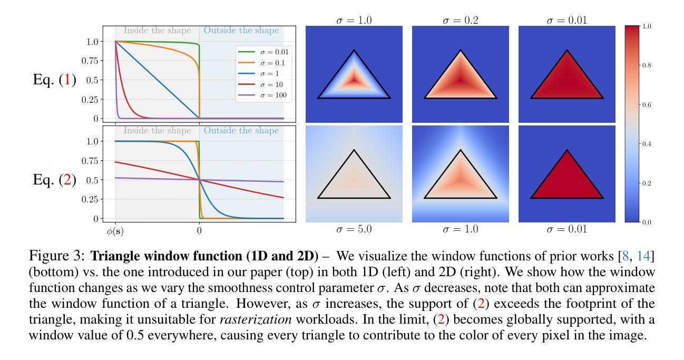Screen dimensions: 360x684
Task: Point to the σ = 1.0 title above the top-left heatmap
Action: tap(354, 21)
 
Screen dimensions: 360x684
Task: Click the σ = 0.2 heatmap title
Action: tap(460, 21)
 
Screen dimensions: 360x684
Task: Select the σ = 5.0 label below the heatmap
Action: tap(354, 229)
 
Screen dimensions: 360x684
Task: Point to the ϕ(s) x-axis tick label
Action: tap(115, 231)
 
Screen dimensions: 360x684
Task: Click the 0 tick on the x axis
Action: tap(199, 231)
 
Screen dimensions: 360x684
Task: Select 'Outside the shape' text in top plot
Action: tap(241, 31)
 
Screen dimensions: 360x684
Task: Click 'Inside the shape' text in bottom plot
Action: tap(158, 131)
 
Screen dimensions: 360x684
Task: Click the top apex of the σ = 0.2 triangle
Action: tap(461, 51)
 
